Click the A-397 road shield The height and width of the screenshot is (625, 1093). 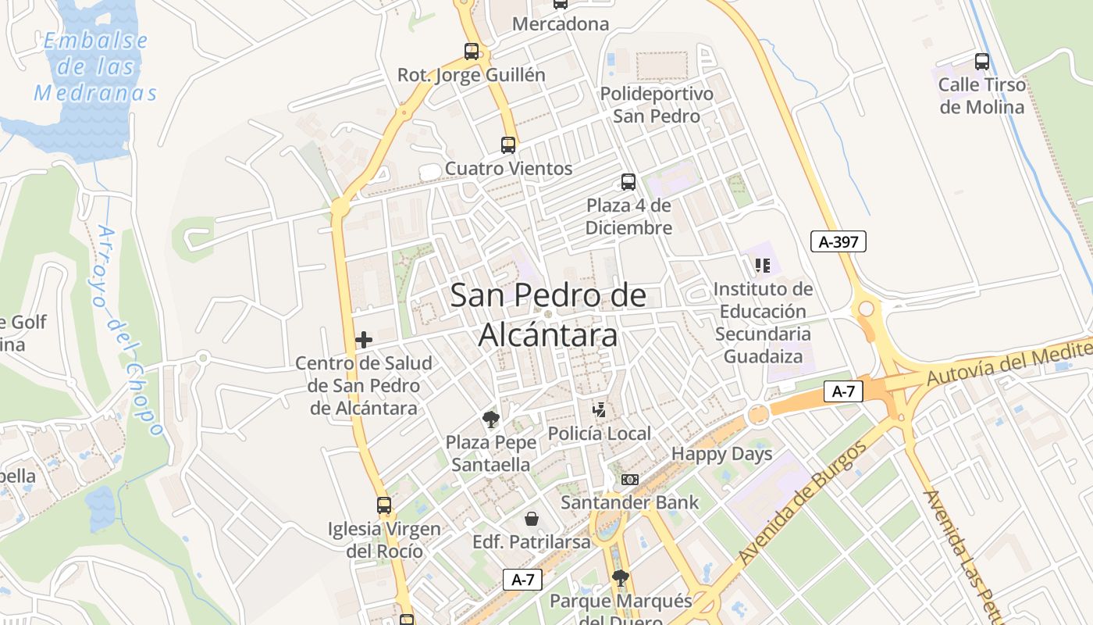838,242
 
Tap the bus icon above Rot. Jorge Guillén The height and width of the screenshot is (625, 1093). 472,52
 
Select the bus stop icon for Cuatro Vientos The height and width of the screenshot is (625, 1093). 508,145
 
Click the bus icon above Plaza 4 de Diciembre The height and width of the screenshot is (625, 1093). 628,182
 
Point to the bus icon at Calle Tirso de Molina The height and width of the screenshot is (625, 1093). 982,62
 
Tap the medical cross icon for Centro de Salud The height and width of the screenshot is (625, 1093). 364,340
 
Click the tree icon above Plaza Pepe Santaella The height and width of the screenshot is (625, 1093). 491,420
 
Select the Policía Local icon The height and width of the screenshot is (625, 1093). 600,410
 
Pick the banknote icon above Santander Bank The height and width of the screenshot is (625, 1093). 630,479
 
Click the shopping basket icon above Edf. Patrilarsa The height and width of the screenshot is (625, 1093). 532,519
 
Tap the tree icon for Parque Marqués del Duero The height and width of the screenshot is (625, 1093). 621,578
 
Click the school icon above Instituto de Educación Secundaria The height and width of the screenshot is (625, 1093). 763,266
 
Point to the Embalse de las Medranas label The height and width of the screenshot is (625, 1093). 95,67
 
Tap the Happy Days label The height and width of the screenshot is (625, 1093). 722,454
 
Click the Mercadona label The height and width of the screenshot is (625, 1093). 561,24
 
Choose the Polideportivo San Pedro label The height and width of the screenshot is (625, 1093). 657,105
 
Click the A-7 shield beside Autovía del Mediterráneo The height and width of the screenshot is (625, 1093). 843,391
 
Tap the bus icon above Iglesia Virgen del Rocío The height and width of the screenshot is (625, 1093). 384,505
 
